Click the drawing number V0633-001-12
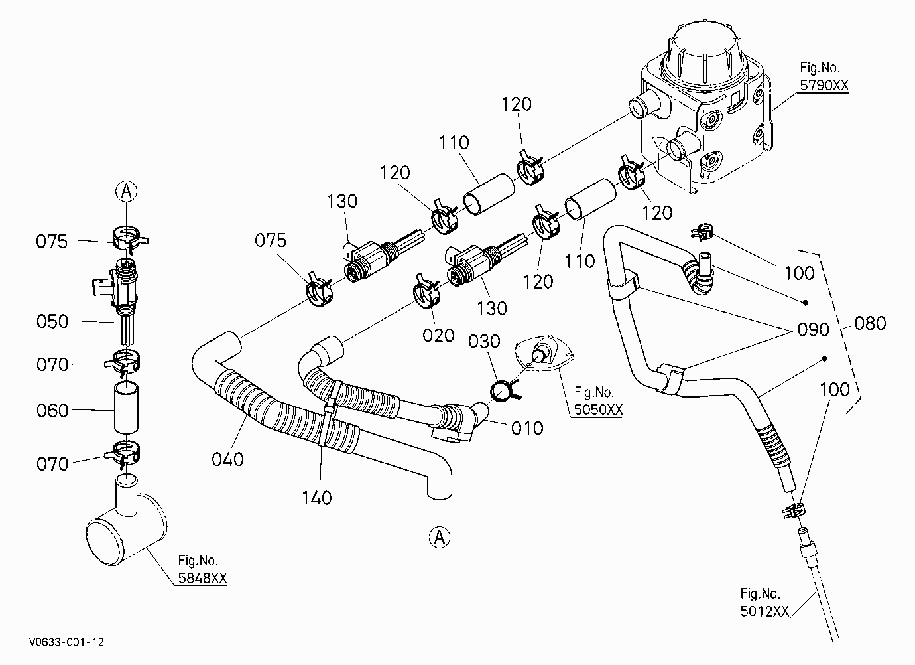[x=66, y=642]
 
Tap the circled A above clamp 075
[x=126, y=191]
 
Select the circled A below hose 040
[x=440, y=537]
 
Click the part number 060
[x=52, y=411]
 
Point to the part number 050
[x=52, y=321]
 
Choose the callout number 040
[x=227, y=459]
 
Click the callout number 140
[x=316, y=498]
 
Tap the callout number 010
[x=527, y=428]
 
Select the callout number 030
[x=484, y=342]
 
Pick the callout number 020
[x=438, y=336]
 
